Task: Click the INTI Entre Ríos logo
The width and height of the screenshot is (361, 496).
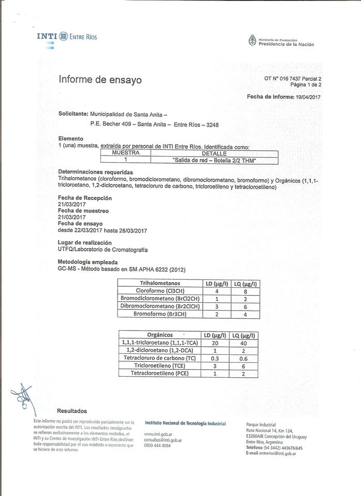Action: [x=67, y=37]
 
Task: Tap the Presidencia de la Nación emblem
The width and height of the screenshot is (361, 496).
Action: [x=252, y=40]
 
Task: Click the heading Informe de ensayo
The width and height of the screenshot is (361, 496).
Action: [x=100, y=80]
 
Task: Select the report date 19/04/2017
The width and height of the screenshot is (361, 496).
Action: [x=307, y=97]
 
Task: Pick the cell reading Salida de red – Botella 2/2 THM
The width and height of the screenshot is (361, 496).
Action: [x=215, y=161]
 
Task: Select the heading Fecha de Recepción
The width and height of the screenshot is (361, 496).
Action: [x=85, y=198]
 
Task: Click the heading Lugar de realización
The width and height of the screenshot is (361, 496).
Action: [x=85, y=242]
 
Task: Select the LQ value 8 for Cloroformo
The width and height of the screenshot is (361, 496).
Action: [x=246, y=291]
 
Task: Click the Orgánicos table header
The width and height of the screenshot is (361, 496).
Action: [x=160, y=335]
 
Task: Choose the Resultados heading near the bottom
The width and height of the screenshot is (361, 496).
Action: [x=72, y=411]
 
